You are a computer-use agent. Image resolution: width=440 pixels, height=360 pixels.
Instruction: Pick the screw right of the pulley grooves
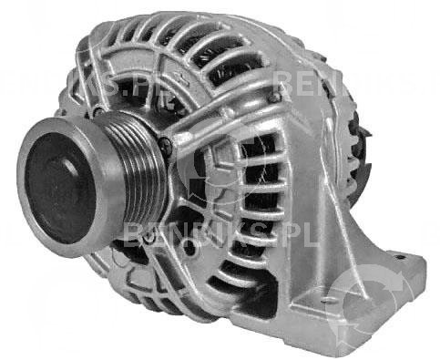pos(165,144)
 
